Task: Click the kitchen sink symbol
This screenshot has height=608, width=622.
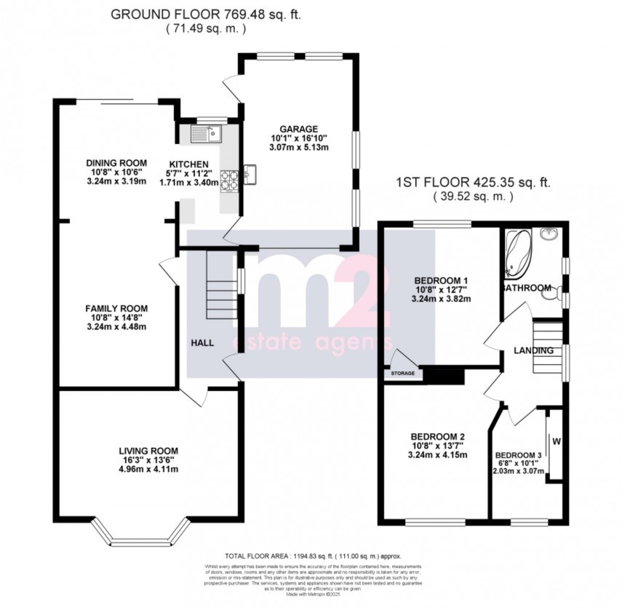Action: point(204,134)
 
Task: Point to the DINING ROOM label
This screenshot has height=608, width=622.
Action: point(116,162)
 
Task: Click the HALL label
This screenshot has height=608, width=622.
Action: point(202,342)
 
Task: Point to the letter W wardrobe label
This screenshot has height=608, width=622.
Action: point(557,441)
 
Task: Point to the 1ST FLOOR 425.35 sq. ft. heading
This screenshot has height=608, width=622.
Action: point(473,184)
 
